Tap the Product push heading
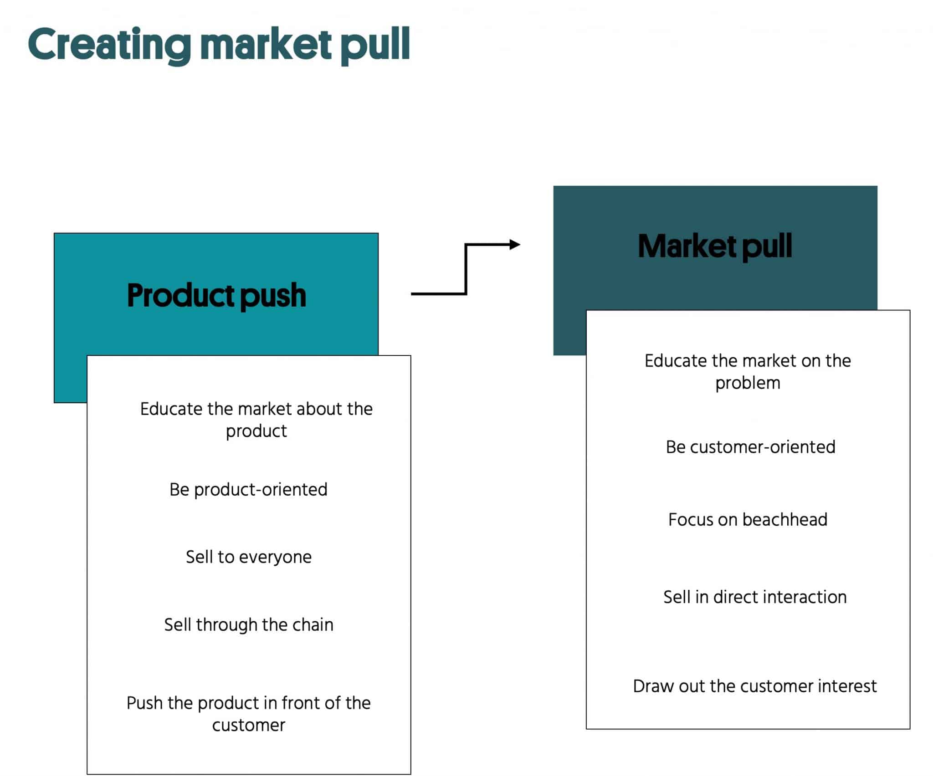(x=216, y=295)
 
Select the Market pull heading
(x=715, y=246)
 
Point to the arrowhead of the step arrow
(x=515, y=244)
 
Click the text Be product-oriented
(x=248, y=490)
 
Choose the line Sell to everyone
(x=248, y=557)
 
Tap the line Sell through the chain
(x=248, y=625)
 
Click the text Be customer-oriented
(x=750, y=447)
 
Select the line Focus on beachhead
(x=748, y=520)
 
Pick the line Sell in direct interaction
(x=755, y=597)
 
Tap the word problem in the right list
(x=748, y=383)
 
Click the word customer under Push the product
(x=248, y=725)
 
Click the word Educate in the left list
(x=171, y=409)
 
